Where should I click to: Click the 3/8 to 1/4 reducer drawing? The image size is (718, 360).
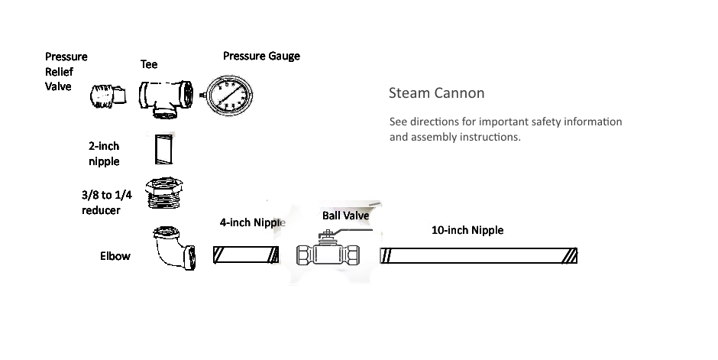click(x=167, y=194)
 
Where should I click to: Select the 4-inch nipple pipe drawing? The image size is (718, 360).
click(x=245, y=255)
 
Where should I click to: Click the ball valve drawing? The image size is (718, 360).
click(x=328, y=253)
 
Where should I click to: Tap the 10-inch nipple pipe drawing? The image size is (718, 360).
click(x=479, y=255)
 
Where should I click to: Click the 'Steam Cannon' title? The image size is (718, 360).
click(x=436, y=94)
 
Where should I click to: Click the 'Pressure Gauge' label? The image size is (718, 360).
click(x=261, y=56)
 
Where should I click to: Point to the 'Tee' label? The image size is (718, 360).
click(x=148, y=64)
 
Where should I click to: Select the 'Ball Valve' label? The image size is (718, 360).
click(x=345, y=216)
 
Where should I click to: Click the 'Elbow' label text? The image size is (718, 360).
click(x=115, y=256)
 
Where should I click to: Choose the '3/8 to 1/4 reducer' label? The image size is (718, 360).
click(x=101, y=203)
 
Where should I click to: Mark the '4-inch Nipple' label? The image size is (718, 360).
click(x=252, y=223)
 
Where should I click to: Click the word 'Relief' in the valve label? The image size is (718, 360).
click(x=60, y=71)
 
